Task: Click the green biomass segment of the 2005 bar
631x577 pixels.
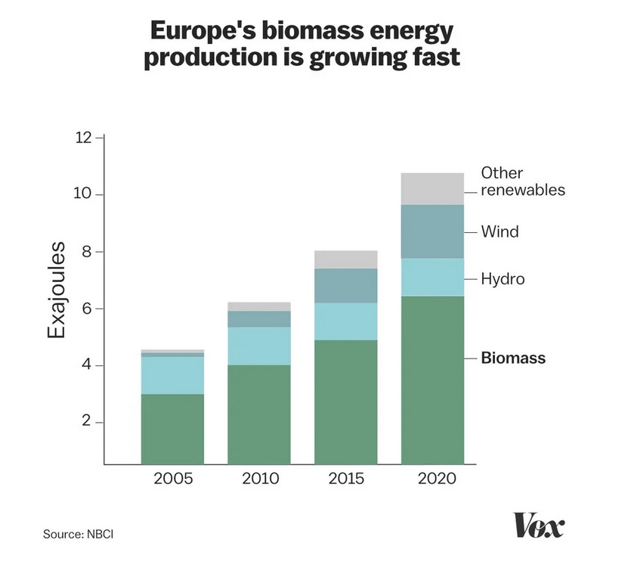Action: coord(172,428)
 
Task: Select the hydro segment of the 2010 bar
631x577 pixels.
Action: coord(259,346)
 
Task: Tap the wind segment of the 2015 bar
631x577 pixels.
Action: coord(346,285)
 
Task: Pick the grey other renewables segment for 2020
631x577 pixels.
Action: coord(432,188)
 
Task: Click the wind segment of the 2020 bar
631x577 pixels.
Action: coord(432,231)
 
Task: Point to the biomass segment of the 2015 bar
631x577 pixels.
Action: coord(346,401)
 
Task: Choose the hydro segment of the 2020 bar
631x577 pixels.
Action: coord(432,277)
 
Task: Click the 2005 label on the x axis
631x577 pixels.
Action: coord(173,479)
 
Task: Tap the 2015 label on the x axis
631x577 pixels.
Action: coord(345,479)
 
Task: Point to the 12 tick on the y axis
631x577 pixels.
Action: coord(84,138)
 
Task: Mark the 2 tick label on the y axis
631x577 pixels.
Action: coord(87,422)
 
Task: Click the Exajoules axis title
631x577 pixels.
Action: coord(57,290)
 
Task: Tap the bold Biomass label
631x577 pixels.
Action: coord(513,358)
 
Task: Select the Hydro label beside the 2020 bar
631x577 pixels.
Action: coord(503,280)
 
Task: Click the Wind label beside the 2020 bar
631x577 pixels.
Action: coord(500,231)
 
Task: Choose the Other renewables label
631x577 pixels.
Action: coord(522,181)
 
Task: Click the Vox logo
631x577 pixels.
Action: coord(538,525)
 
